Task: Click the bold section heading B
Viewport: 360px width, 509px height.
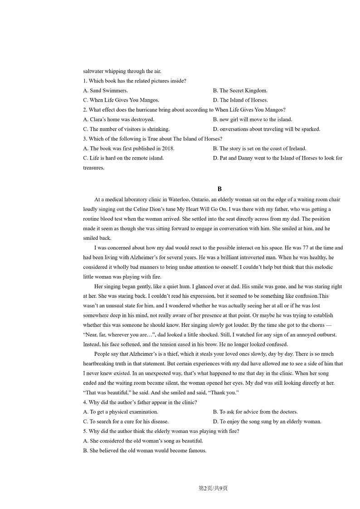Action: coord(219,189)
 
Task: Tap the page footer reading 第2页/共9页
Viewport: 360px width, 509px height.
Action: coord(213,488)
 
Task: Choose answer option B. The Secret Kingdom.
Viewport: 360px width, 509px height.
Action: coord(240,91)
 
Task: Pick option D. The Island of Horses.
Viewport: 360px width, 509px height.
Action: coord(240,100)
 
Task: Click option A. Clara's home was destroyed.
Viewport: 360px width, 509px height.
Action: coord(119,120)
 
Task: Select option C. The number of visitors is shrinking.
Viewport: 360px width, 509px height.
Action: coord(126,129)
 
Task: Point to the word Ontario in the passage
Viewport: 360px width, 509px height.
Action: coord(200,199)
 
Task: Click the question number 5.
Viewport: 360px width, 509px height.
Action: coord(85,431)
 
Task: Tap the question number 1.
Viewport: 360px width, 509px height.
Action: coord(85,81)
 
